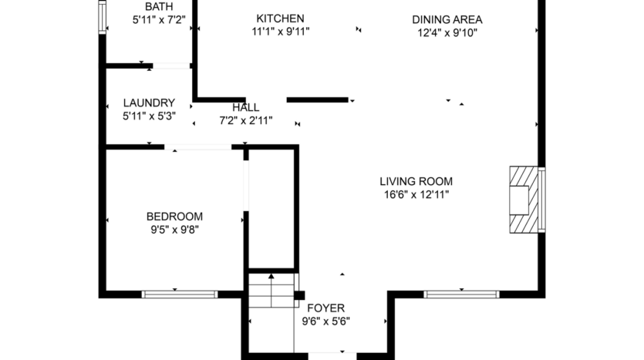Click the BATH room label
point(159,7)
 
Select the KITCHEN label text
point(280,19)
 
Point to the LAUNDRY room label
point(149,103)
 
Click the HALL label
point(246,108)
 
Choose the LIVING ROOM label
point(416,182)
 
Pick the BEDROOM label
point(174,217)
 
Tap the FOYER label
point(325,308)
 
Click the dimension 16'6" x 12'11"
point(416,195)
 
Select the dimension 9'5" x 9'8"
point(174,229)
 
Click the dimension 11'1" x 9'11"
point(280,32)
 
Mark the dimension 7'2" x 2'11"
point(246,120)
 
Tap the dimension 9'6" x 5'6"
point(325,321)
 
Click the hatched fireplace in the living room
point(521,200)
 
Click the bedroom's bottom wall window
point(180,294)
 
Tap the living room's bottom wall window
point(462,294)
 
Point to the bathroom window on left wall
point(102,17)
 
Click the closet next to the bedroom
point(271,208)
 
